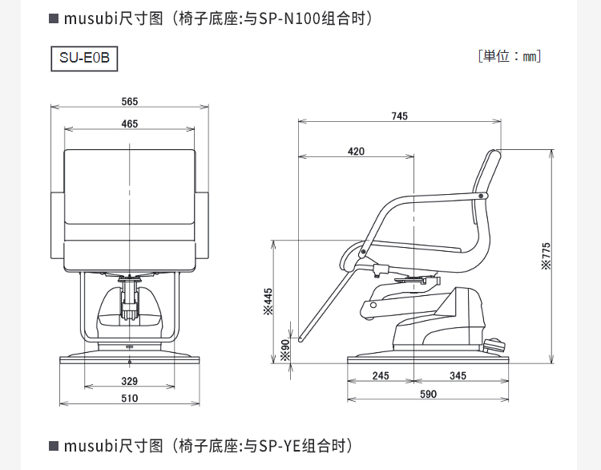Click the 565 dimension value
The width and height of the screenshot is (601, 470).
(x=130, y=101)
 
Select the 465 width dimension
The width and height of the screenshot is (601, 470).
(x=130, y=124)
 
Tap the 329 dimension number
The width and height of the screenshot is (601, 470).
(x=130, y=380)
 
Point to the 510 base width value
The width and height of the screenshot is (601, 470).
(x=130, y=398)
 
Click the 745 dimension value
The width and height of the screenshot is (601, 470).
(x=399, y=116)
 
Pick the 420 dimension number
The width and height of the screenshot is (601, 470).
(x=356, y=152)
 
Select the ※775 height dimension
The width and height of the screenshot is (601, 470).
(x=547, y=257)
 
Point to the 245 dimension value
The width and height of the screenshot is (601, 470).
(x=381, y=375)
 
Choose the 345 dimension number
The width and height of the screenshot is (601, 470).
(x=458, y=375)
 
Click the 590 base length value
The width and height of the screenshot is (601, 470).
(x=428, y=394)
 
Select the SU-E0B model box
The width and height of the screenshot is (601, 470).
(x=83, y=59)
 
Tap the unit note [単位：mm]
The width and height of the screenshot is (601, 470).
(x=510, y=56)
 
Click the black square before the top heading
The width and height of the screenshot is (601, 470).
(x=54, y=18)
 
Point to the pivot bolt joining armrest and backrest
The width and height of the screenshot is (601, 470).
(x=481, y=196)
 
